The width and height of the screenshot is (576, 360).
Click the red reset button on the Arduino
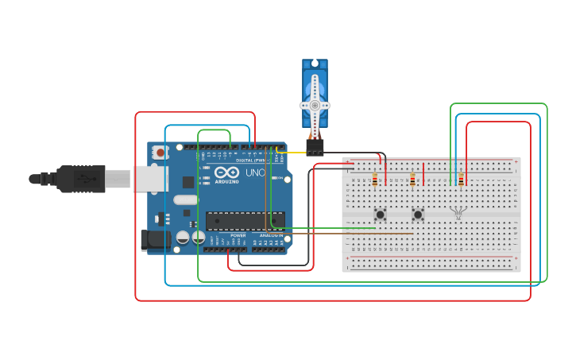(161, 152)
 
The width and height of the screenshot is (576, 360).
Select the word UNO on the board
(254, 173)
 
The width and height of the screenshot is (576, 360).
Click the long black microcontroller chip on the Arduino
(245, 220)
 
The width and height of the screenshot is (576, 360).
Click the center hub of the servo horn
(315, 105)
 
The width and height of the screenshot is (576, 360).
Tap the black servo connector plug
(315, 148)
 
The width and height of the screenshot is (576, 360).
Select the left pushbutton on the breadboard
(381, 214)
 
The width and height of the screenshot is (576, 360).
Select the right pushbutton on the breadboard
(418, 214)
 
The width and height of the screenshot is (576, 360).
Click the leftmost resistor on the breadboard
(374, 180)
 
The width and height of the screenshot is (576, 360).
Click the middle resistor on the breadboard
(412, 180)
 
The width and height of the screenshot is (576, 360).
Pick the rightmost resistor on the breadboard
(461, 180)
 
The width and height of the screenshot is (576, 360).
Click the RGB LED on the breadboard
(457, 211)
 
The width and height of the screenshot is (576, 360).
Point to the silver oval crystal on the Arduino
(184, 199)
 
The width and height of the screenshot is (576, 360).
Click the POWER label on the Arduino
(238, 235)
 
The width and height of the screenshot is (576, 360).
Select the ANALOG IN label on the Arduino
(270, 235)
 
